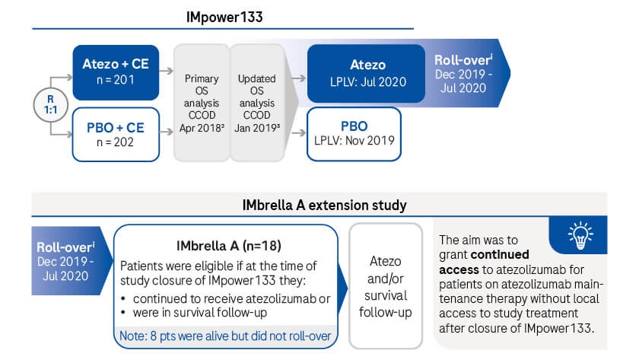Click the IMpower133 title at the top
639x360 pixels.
[x=224, y=17]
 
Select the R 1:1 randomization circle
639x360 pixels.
[x=50, y=105]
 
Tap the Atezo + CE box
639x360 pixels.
[x=116, y=72]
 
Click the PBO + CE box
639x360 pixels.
[x=116, y=134]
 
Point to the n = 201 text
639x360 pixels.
[x=116, y=80]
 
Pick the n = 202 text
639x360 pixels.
[x=116, y=142]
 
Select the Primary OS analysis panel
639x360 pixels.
[x=202, y=103]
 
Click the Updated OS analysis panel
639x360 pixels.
[x=257, y=103]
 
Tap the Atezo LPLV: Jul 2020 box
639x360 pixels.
[x=366, y=73]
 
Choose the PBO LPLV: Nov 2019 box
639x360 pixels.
[x=354, y=134]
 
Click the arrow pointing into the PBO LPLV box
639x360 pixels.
[x=299, y=132]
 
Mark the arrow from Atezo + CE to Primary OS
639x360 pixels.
[x=167, y=71]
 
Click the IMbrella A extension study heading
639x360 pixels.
[x=324, y=205]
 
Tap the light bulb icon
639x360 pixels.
[x=580, y=235]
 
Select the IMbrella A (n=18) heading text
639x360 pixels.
[x=229, y=246]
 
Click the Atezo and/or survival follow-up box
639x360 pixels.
[x=386, y=286]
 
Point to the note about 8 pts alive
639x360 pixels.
[x=225, y=336]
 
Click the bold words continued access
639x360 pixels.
[x=484, y=262]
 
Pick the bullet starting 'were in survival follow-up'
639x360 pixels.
[x=195, y=313]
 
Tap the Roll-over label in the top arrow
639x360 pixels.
[x=463, y=60]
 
